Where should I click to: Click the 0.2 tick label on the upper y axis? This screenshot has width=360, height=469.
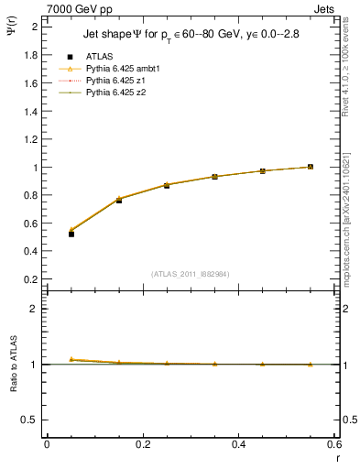tap(31, 278)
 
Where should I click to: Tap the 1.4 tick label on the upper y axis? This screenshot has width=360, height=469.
tap(31, 111)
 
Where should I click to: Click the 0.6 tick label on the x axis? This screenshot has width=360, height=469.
tap(335, 444)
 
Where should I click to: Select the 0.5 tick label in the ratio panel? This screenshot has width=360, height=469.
tap(31, 420)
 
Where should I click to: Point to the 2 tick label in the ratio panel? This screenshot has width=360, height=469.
tap(36, 309)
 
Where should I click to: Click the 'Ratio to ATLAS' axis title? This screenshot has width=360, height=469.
tap(13, 365)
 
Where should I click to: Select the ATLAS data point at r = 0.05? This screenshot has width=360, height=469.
tap(71, 234)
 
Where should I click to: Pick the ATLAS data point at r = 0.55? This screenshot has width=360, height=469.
tap(311, 167)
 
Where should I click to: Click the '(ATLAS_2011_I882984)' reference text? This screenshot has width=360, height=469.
tap(190, 273)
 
